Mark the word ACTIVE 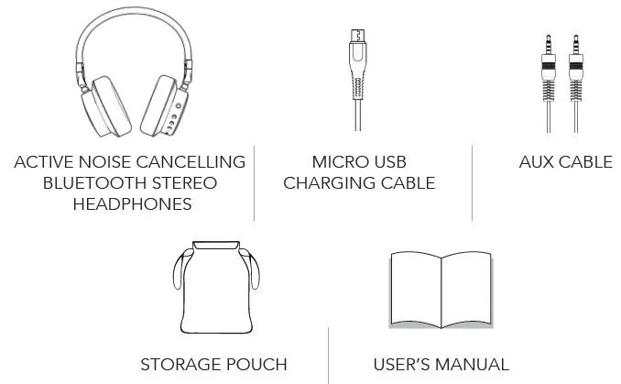(43, 162)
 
